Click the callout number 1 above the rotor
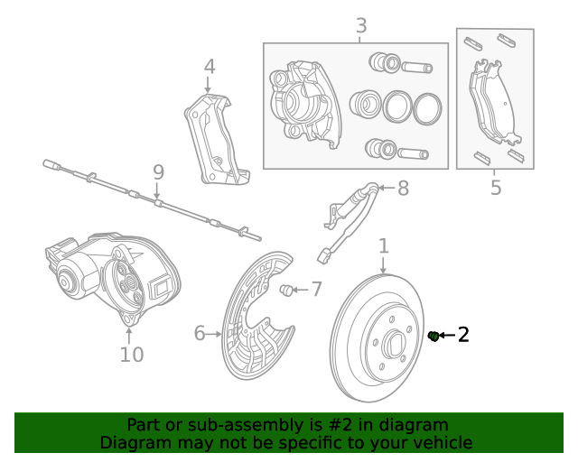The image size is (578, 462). pos(383,246)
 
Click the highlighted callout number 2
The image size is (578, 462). pos(463,336)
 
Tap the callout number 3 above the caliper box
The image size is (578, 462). pos(360,26)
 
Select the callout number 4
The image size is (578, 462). pos(209,67)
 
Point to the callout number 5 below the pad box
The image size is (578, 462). pos(495,188)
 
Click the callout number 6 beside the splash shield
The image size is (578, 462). pos(200,334)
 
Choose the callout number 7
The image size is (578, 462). pos(316,290)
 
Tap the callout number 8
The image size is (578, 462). pos(403,189)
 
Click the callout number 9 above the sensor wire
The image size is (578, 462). pos(158,171)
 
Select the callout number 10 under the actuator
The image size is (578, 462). pos(132,355)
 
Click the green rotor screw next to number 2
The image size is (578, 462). pos(433,337)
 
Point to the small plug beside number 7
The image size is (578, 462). pos(288,290)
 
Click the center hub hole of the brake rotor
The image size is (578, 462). pos(395,344)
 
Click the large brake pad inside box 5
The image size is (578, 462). pos(493,104)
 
